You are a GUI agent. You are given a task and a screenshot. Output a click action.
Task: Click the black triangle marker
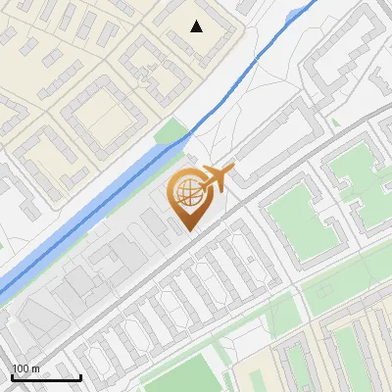point(197,26)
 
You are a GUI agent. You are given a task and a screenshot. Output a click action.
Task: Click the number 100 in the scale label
point(22,368)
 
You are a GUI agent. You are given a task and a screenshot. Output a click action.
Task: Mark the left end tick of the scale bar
point(13,375)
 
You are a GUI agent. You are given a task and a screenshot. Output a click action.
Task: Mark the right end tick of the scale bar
point(80,375)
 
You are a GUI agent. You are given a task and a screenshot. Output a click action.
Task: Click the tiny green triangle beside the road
point(336,122)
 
